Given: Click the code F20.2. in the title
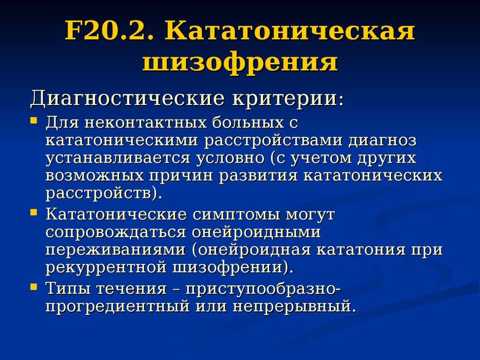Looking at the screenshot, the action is click(109, 31).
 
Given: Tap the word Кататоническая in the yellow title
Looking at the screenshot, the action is click(290, 31).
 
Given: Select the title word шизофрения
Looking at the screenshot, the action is click(240, 62).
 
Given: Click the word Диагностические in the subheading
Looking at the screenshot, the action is click(127, 99).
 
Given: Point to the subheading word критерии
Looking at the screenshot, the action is click(285, 99).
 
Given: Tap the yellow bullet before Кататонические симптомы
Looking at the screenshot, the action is click(34, 211).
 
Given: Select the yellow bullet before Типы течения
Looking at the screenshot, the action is click(34, 286).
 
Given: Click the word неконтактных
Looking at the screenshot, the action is click(145, 123).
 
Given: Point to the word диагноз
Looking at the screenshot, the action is click(382, 141).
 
